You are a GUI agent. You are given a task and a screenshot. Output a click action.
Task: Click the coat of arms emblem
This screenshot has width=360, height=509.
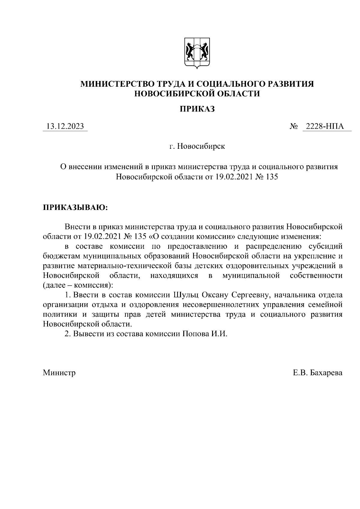[197, 53]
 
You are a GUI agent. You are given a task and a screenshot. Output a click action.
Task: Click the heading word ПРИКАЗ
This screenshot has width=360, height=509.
[197, 109]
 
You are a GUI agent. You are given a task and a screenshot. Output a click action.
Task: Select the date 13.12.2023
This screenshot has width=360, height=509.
[65, 127]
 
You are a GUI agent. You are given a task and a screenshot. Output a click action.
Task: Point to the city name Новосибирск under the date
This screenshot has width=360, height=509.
[201, 146]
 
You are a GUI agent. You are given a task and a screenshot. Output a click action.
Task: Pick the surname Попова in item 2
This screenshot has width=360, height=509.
[193, 334]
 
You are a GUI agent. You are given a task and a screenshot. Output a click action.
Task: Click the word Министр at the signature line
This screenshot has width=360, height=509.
[59, 373]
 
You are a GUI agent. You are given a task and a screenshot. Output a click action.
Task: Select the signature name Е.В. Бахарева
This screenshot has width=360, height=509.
[318, 373]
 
